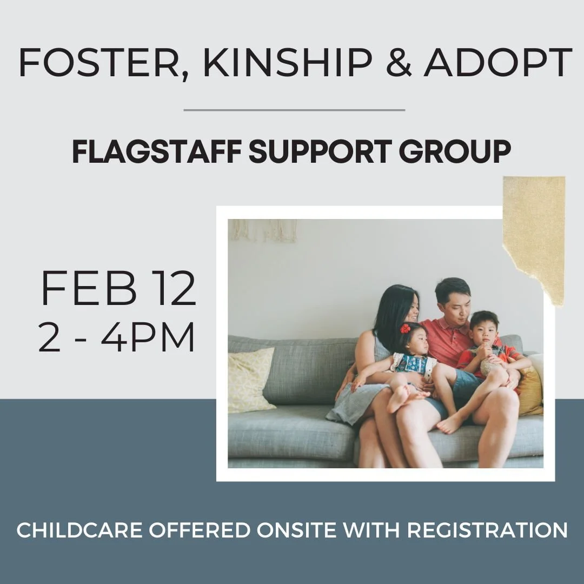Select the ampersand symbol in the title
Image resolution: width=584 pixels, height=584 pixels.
pyautogui.click(x=397, y=63)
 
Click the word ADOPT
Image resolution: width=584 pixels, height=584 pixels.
pyautogui.click(x=498, y=63)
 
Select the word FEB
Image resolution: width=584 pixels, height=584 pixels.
pyautogui.click(x=89, y=290)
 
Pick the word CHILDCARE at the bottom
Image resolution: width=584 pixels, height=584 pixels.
pyautogui.click(x=79, y=530)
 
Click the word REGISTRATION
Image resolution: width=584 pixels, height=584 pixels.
pyautogui.click(x=487, y=530)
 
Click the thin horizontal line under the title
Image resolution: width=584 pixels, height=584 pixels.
pyautogui.click(x=294, y=110)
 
